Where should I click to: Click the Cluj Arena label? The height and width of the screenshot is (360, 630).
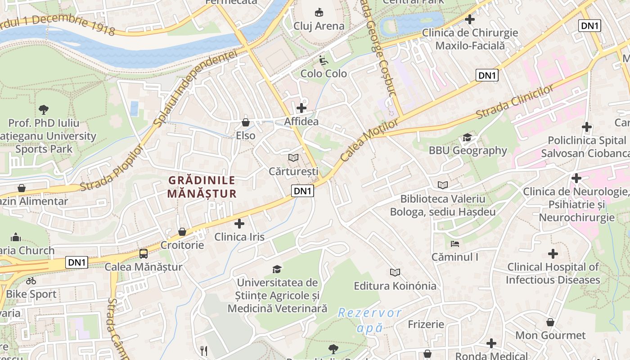[x=319, y=26]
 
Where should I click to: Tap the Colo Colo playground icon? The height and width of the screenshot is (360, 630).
[x=323, y=60]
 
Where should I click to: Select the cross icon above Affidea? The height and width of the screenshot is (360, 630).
[x=301, y=108]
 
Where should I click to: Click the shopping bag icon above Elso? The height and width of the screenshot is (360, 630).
[x=246, y=122]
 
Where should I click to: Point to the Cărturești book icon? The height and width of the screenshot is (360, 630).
[x=293, y=157]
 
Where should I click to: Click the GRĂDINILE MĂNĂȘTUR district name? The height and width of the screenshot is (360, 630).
[x=202, y=187]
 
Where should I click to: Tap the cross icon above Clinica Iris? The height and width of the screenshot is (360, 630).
[x=239, y=223]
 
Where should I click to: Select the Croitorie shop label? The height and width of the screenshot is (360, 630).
[x=182, y=245]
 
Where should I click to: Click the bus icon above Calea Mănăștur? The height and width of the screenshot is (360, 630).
[x=144, y=253]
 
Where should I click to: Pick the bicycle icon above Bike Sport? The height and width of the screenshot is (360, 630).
[x=31, y=281]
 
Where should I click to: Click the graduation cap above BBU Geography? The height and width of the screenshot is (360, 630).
[x=468, y=137]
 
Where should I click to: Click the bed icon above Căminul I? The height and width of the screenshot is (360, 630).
[x=454, y=244]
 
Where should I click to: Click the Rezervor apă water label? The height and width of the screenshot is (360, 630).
[x=370, y=320]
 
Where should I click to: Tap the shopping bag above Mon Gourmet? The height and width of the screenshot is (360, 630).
[x=550, y=322]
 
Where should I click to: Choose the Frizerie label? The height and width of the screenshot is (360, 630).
[x=426, y=324]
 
